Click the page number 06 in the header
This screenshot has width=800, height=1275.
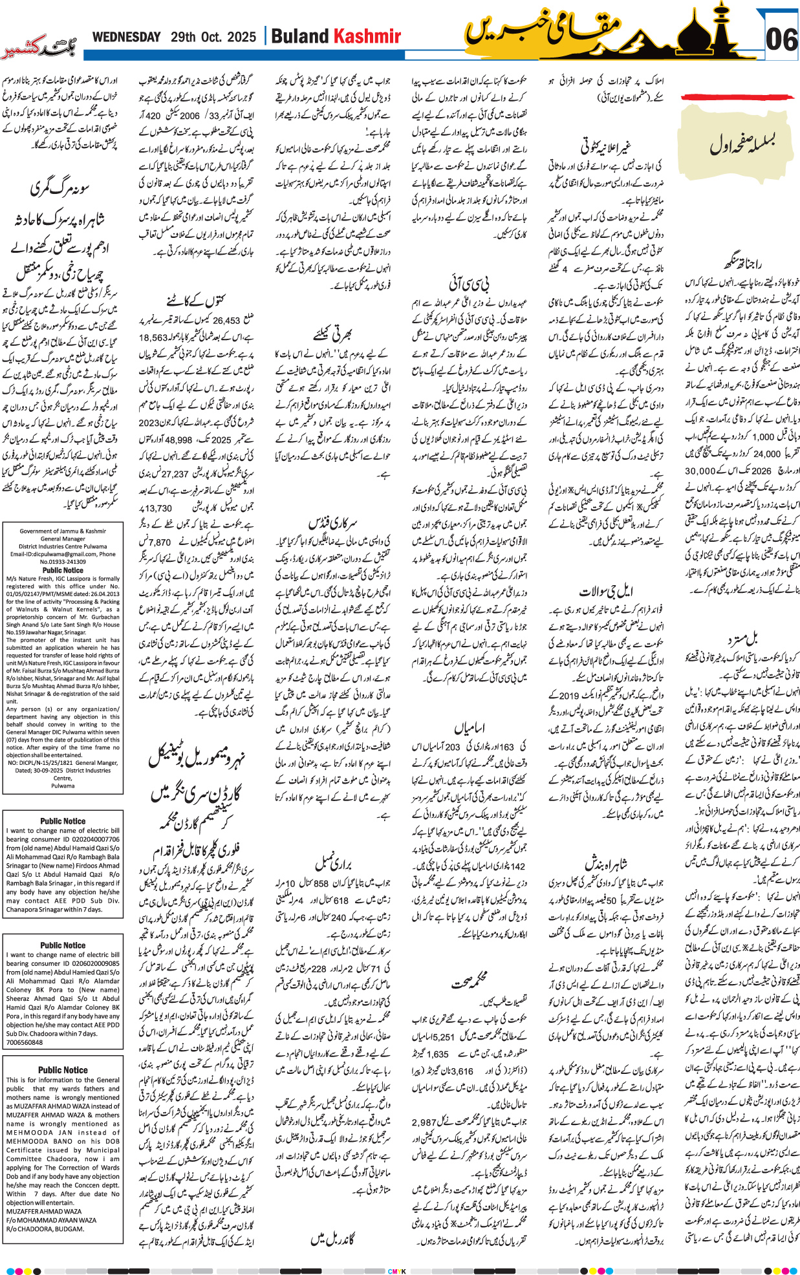[x=781, y=39]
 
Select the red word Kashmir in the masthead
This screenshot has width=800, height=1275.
[x=367, y=37]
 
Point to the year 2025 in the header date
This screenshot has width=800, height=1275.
[x=241, y=37]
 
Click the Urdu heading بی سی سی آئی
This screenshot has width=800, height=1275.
[x=469, y=283]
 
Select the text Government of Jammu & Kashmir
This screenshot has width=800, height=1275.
[x=63, y=531]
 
